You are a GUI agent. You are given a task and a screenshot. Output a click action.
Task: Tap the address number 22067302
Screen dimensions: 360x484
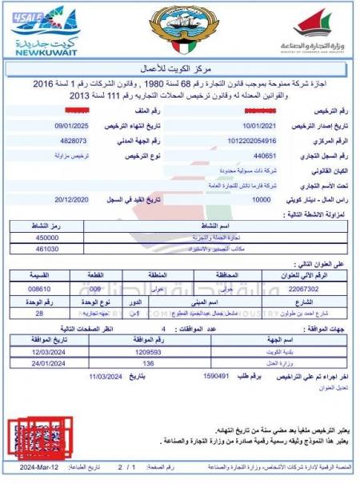pyautogui.click(x=304, y=286)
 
